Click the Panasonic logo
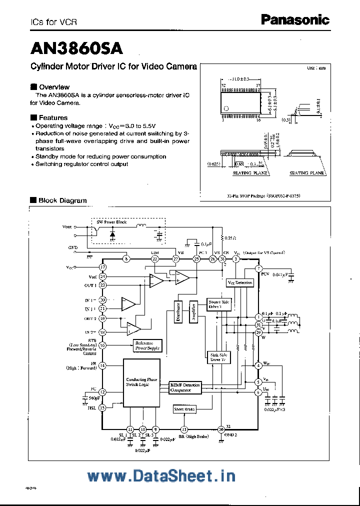(x=295, y=20)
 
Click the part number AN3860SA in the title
(x=76, y=48)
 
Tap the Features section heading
(x=49, y=117)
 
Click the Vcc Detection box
(x=240, y=282)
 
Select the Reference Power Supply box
(x=147, y=345)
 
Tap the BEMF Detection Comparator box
(x=185, y=387)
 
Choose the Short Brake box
(x=184, y=409)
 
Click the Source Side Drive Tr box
(x=219, y=304)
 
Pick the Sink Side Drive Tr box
(x=218, y=357)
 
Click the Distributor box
(x=178, y=312)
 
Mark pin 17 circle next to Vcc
(x=102, y=267)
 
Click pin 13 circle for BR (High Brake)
(x=184, y=429)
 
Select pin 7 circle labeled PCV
(x=258, y=269)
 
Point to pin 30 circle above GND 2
(x=221, y=429)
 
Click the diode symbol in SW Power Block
(x=112, y=233)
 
